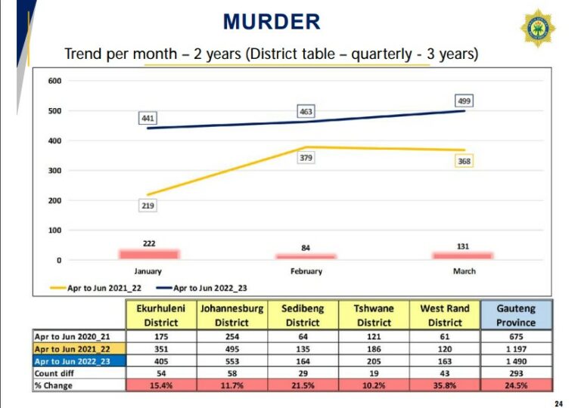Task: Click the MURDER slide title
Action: (272, 21)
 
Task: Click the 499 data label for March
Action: (464, 100)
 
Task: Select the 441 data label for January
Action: (148, 119)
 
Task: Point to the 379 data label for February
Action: (306, 158)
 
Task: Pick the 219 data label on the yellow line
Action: (148, 206)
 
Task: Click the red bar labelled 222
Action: (148, 254)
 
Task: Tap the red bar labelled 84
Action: (306, 256)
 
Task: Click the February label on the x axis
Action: (306, 271)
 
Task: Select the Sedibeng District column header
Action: (303, 315)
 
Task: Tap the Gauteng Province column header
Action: (517, 315)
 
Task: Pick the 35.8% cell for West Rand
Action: (446, 385)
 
